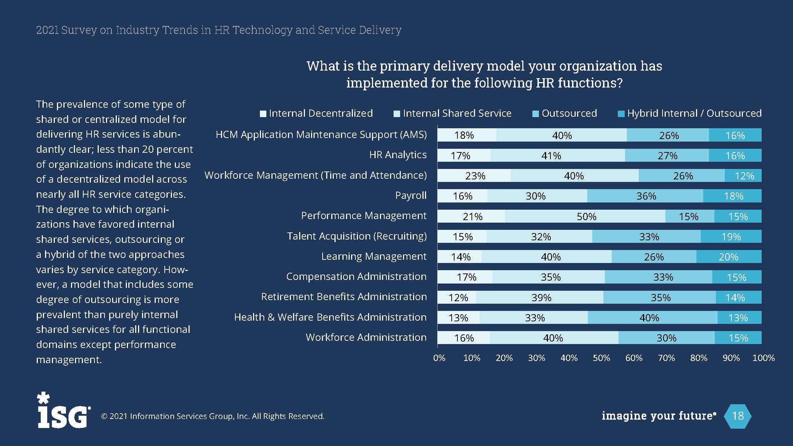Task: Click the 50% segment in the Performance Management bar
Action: (586, 217)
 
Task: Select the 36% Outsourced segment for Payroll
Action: (645, 196)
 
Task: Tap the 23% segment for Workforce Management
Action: (474, 176)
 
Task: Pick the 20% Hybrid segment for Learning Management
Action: (729, 257)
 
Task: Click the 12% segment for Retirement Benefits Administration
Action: (457, 298)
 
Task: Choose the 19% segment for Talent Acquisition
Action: (731, 237)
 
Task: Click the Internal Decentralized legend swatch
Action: (263, 114)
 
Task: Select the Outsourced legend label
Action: (569, 113)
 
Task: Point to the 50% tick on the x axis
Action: (601, 358)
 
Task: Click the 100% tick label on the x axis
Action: (763, 358)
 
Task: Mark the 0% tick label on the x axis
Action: (439, 358)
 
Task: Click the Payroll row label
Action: (411, 196)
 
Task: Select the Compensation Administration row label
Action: (356, 277)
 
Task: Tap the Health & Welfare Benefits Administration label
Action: (330, 317)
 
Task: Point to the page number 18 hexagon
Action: (737, 416)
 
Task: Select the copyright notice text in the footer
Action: (213, 416)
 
